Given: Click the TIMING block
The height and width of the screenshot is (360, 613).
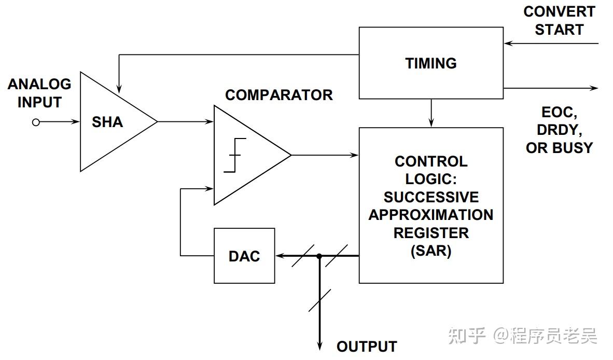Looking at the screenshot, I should tap(430, 63).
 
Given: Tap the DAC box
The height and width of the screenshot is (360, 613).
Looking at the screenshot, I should tap(244, 256).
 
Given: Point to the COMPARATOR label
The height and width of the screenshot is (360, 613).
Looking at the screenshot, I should tap(278, 95).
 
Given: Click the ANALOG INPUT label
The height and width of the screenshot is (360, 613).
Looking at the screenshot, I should tap(39, 93).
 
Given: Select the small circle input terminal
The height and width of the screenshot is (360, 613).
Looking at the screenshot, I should tap(36, 122).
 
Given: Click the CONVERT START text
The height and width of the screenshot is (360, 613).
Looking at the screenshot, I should tap(559, 20).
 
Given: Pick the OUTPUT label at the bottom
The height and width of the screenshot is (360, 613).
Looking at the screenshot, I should tap(367, 346).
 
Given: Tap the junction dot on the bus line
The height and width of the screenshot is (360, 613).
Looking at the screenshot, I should tap(319, 256).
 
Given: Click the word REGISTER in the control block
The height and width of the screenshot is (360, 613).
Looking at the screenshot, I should tap(430, 233).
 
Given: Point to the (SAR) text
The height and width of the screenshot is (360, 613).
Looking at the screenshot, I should tap(430, 251).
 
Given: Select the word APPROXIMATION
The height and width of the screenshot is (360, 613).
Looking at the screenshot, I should tap(430, 215).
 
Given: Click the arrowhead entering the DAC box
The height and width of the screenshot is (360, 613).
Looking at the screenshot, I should tap(280, 256).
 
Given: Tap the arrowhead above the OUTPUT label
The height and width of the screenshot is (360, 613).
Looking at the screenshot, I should tap(319, 347).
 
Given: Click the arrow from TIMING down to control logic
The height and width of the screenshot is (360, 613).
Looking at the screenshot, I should tap(431, 113).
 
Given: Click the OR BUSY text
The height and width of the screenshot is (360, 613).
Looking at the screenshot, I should tap(559, 148).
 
